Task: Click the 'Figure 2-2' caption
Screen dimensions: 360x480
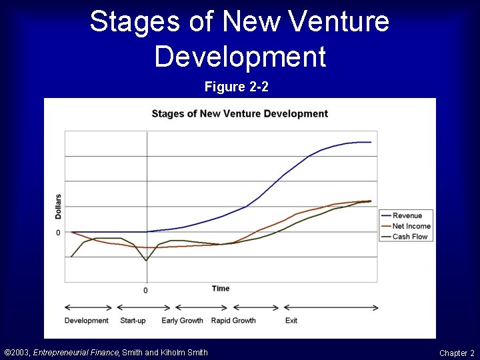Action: click(237, 87)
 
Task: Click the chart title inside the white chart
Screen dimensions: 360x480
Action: click(239, 113)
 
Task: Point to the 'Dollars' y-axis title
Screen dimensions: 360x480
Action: click(58, 207)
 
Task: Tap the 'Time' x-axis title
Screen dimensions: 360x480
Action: click(221, 289)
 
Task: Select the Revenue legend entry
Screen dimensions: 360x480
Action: click(407, 215)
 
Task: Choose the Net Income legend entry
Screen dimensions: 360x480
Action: click(411, 226)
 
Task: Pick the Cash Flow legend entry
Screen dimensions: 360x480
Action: click(409, 237)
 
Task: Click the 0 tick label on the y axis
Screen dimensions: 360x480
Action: click(58, 233)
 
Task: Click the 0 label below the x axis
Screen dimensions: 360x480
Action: click(145, 291)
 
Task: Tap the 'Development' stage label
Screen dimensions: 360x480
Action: click(86, 321)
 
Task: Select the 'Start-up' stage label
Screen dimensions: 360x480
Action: click(133, 321)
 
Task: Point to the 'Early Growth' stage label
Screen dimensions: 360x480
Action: click(182, 321)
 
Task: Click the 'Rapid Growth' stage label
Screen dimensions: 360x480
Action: click(233, 321)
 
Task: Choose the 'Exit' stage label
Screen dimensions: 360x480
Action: click(291, 321)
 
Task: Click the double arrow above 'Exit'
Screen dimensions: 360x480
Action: click(331, 308)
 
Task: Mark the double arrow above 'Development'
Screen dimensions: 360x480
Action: click(88, 307)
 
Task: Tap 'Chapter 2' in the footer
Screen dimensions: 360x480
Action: click(457, 353)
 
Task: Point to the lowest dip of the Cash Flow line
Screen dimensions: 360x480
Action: click(146, 261)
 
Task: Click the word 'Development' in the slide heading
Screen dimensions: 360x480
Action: click(240, 57)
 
